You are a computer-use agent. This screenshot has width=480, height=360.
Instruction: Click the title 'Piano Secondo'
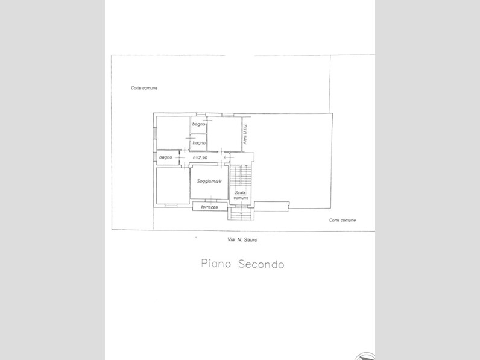(242, 265)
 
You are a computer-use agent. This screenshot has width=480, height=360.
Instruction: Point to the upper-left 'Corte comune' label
(144, 88)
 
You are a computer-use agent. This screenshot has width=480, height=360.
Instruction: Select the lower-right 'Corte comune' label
(343, 220)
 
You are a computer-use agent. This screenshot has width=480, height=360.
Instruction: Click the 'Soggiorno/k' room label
(209, 182)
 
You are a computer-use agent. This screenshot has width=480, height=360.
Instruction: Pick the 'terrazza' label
(210, 207)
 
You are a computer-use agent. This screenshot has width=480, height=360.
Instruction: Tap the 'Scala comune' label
(241, 195)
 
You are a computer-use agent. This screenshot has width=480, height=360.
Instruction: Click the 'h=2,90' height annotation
(200, 157)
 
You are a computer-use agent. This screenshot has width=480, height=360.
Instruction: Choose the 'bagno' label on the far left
(166, 157)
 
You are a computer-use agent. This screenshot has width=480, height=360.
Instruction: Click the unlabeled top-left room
(172, 133)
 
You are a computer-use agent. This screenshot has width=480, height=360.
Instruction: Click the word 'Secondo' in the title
(260, 265)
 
